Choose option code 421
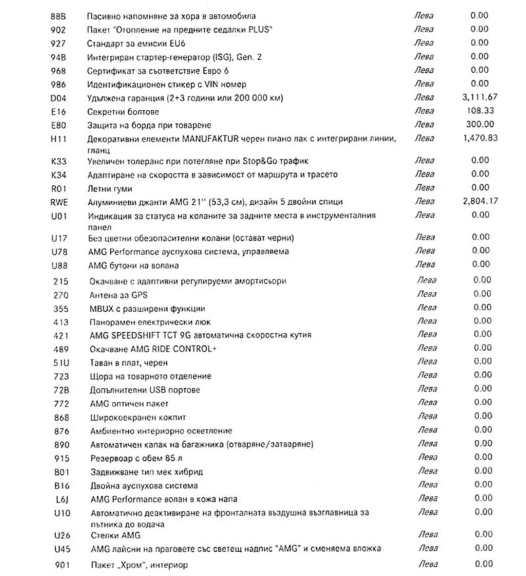(x=57, y=335)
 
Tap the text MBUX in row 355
(x=99, y=308)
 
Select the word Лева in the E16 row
(x=425, y=111)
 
